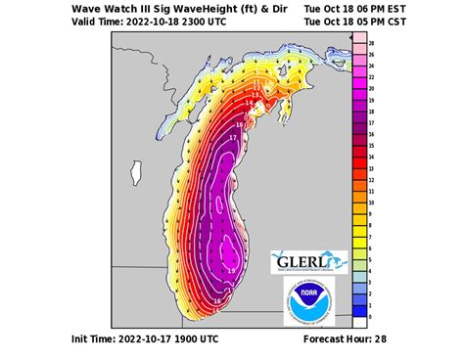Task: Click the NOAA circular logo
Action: [308, 300]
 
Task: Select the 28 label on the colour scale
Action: [371, 44]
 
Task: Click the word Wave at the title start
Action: [89, 8]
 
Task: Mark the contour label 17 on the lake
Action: [232, 139]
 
